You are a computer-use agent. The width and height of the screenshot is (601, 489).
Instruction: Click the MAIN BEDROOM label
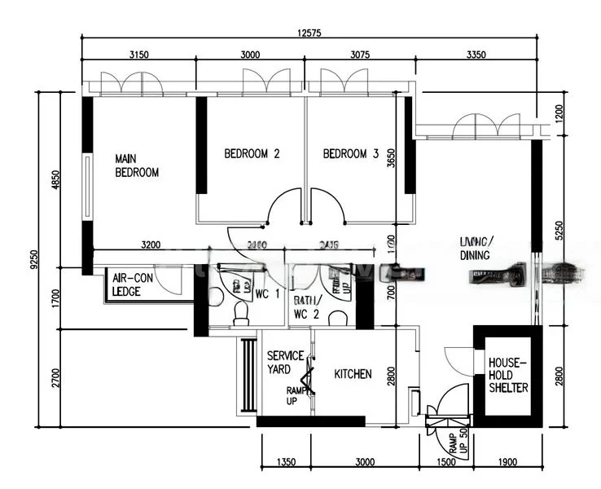pos(136,165)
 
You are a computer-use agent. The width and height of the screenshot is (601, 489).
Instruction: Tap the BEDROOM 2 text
pos(252,153)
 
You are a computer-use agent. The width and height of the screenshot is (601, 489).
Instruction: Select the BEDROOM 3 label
pos(351,153)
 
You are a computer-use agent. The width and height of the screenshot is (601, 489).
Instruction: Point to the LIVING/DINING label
pos(476,249)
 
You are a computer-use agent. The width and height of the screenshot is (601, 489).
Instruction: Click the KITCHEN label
pos(353,374)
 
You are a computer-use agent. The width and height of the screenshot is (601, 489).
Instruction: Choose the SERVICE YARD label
pos(285,363)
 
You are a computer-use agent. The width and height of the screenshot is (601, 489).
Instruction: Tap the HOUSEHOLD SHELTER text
pos(508,375)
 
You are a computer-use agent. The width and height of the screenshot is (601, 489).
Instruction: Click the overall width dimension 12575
pos(309,33)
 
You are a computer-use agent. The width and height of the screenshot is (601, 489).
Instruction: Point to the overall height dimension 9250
pos(33,259)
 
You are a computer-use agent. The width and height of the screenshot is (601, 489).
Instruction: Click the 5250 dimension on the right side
pos(559,232)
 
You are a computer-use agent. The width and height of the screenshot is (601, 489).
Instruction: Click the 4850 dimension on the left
pos(55,179)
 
